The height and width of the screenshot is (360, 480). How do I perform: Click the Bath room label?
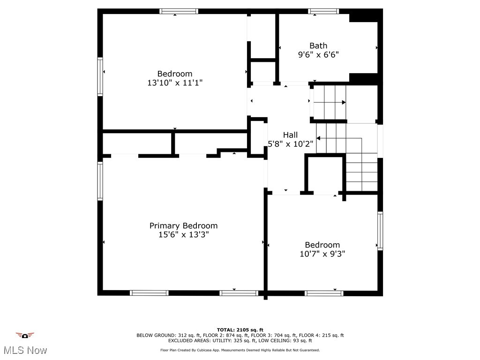coord(318,45)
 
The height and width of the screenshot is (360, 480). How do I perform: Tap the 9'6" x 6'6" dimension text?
coord(318,54)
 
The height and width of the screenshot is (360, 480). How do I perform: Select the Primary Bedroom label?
coord(183,225)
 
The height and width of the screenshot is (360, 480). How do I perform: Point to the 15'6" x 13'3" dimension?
coord(183,234)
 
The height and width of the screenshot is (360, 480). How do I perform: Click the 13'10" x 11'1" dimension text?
coord(175,82)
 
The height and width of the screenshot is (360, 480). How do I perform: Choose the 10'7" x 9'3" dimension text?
coord(322,254)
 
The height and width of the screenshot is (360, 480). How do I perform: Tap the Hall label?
coord(290,135)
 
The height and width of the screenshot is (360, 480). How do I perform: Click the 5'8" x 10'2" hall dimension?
coord(290,144)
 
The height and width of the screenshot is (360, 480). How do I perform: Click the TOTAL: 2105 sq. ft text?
coord(240,330)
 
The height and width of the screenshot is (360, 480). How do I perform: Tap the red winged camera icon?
coord(25,335)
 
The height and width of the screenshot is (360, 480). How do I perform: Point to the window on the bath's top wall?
coord(323,11)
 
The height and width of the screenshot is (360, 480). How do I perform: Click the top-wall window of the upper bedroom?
coord(179,11)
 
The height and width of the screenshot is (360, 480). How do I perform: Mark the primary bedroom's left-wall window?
coord(100,181)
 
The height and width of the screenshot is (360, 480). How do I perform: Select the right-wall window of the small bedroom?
coord(380,231)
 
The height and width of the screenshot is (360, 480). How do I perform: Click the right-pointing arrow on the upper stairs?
coord(344,102)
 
